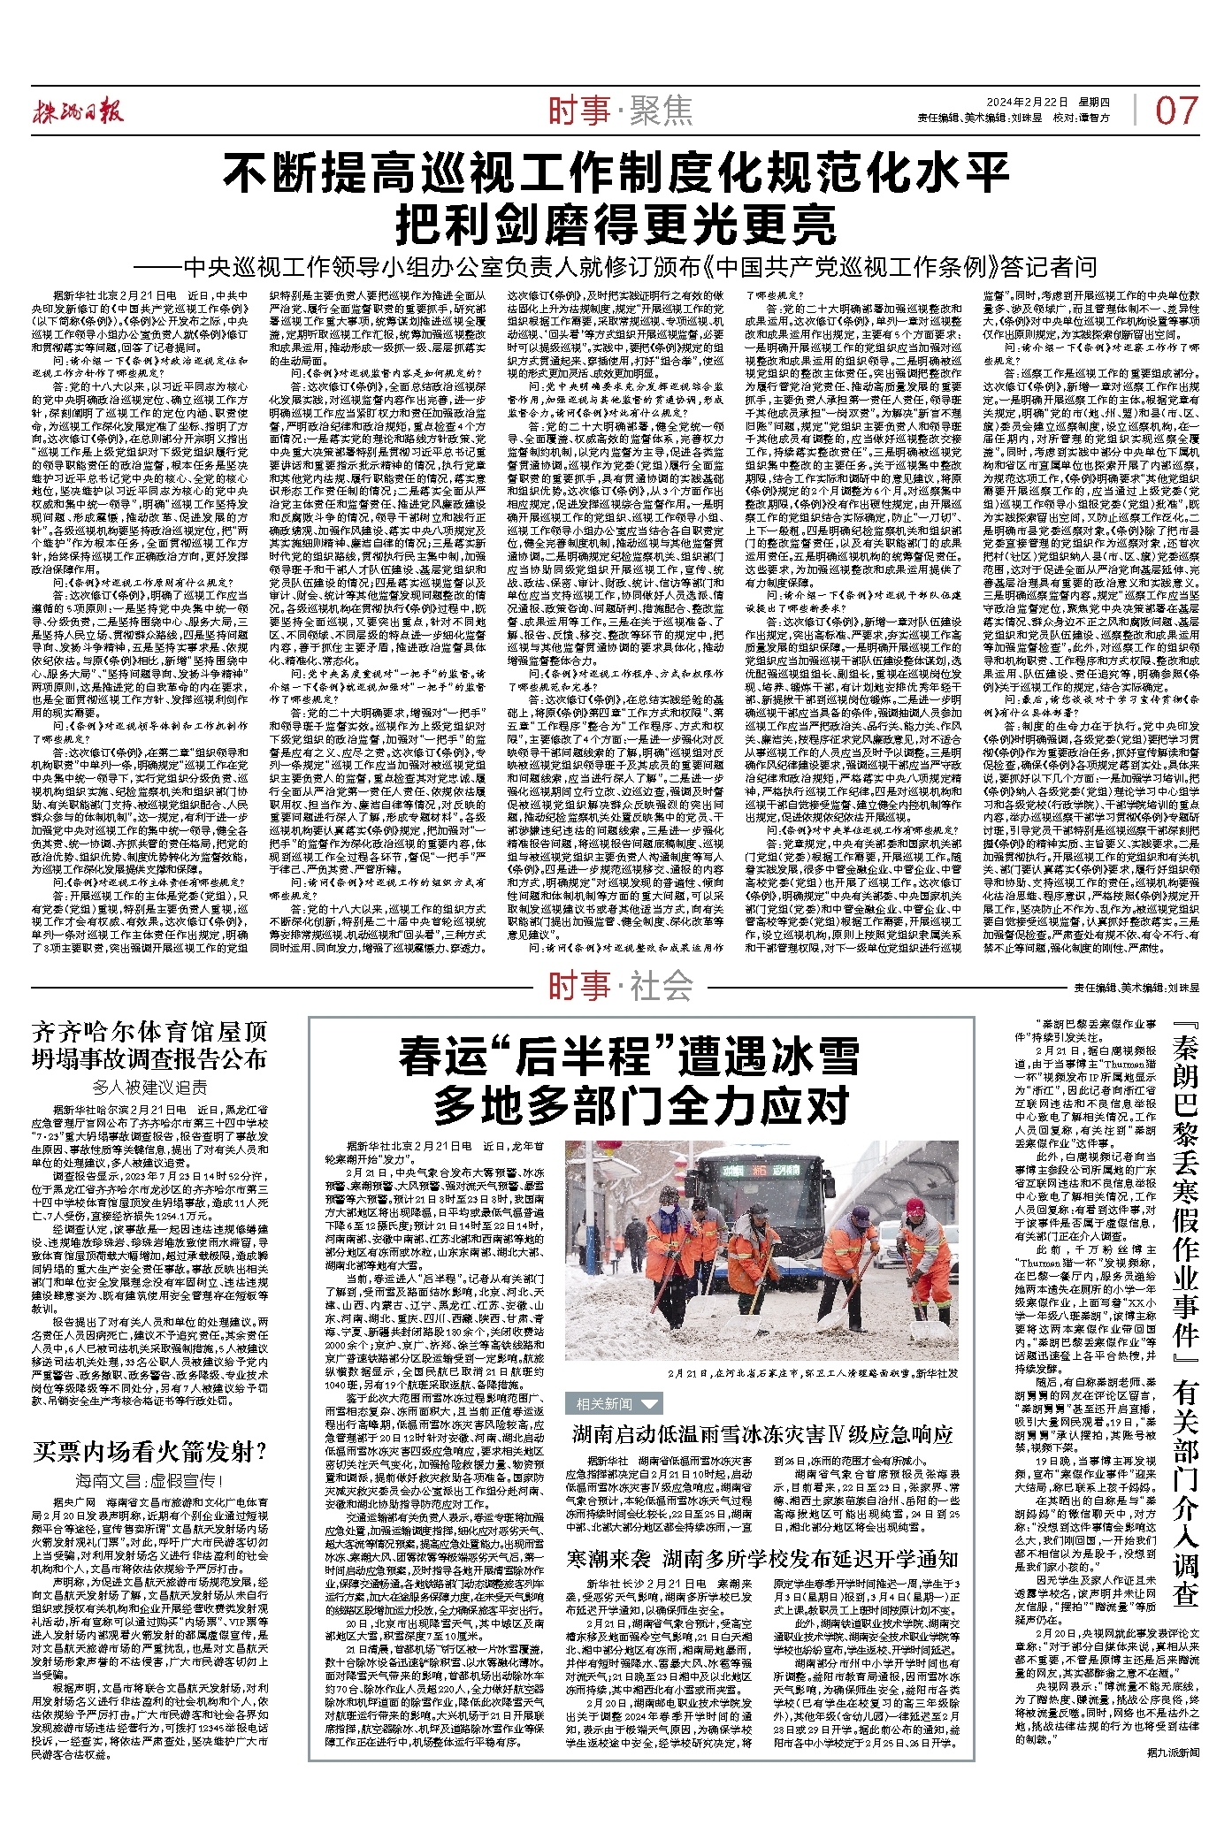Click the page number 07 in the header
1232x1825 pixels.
[1176, 111]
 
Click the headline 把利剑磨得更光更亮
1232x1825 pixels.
[616, 225]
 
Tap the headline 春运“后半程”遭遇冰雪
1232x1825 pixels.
[629, 1058]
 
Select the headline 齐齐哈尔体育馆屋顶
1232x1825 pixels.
[149, 1031]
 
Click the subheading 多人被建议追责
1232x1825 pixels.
[149, 1087]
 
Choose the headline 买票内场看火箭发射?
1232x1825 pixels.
[149, 1451]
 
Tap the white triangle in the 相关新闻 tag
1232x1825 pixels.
[649, 1403]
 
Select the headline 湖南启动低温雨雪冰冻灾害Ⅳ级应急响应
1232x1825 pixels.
[761, 1433]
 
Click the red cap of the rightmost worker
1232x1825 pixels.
[915, 1206]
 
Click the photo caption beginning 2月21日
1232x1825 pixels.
[813, 1373]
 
